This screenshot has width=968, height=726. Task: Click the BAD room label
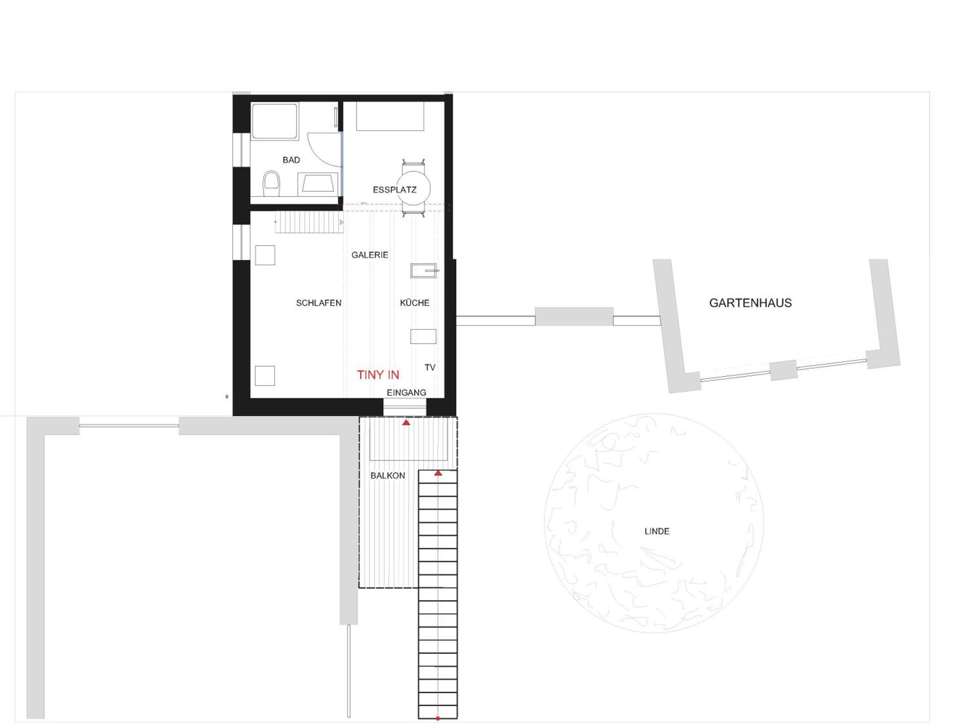291,160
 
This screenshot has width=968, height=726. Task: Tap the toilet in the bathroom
271,184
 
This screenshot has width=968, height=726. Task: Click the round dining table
414,188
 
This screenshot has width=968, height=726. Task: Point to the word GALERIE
370,255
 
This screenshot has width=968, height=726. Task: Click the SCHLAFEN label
318,303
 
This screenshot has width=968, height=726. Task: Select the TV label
430,368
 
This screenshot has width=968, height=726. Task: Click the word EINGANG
406,393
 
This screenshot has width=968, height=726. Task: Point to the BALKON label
388,476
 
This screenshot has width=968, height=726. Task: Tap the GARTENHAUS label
751,303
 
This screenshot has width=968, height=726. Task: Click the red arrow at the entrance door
406,422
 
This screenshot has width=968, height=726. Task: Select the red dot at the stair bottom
438,719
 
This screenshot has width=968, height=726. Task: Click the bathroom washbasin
318,184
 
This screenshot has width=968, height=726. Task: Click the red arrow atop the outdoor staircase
438,473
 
